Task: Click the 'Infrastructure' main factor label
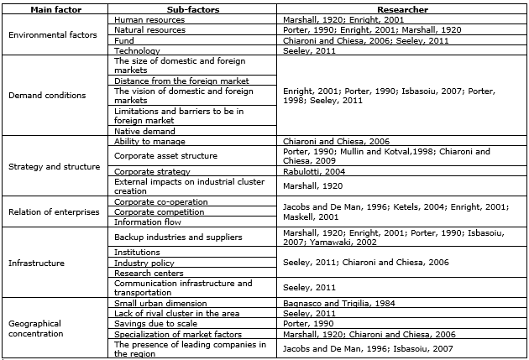(36, 263)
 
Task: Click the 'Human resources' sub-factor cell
(146, 18)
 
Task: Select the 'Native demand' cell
(144, 132)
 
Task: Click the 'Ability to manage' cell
(149, 142)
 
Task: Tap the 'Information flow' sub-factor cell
(148, 222)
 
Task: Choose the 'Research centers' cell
(148, 272)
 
